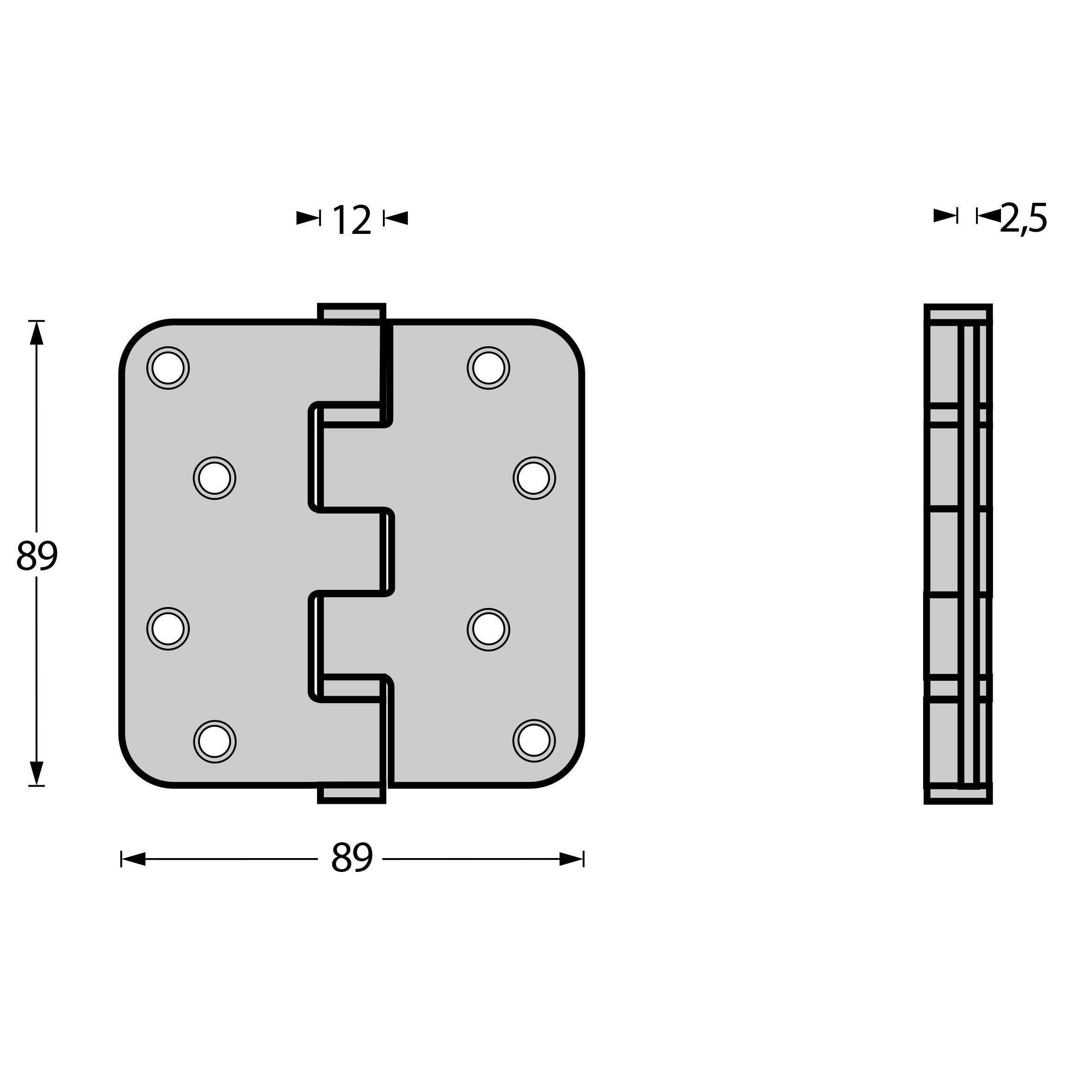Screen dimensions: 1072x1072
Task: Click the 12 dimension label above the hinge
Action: pyautogui.click(x=352, y=220)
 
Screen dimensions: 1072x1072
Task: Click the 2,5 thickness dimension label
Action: pyautogui.click(x=1024, y=219)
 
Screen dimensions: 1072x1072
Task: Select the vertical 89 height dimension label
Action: pyautogui.click(x=37, y=556)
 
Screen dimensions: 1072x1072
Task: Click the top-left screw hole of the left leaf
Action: pyautogui.click(x=168, y=368)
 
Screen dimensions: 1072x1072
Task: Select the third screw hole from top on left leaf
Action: pyautogui.click(x=168, y=629)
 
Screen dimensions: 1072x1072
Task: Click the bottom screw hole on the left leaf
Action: pyautogui.click(x=215, y=741)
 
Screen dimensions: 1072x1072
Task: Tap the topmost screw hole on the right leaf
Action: pyautogui.click(x=489, y=368)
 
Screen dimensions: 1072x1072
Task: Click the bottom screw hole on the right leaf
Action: pyautogui.click(x=534, y=741)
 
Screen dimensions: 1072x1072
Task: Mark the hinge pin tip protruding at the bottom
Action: pyautogui.click(x=351, y=795)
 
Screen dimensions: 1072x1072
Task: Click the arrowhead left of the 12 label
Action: pyautogui.click(x=307, y=218)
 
